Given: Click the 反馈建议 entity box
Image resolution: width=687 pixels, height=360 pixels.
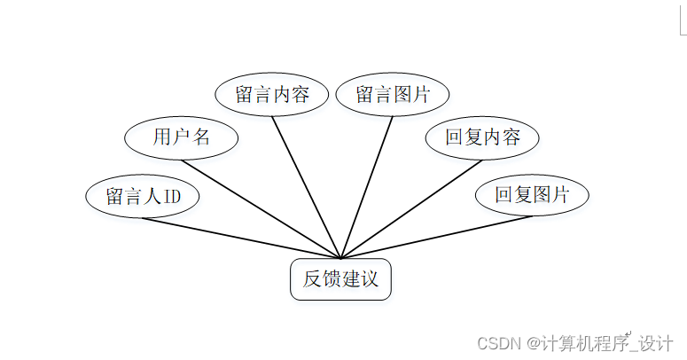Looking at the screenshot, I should pyautogui.click(x=340, y=279).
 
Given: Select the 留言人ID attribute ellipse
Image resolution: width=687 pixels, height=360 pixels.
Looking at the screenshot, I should pyautogui.click(x=143, y=196).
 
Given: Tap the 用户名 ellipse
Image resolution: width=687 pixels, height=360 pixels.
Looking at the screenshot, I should pyautogui.click(x=181, y=137).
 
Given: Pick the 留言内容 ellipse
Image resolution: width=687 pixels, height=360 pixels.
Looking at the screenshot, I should pyautogui.click(x=272, y=95).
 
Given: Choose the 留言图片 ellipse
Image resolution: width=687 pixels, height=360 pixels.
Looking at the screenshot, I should pyautogui.click(x=393, y=95).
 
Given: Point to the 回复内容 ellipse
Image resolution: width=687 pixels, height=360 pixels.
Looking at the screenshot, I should pyautogui.click(x=481, y=137).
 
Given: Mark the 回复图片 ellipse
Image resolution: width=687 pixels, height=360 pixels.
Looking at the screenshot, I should pyautogui.click(x=532, y=196).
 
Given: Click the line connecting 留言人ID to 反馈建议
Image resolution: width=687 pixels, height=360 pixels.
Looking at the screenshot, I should pyautogui.click(x=239, y=238).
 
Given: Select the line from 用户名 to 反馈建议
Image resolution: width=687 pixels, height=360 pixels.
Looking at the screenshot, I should pyautogui.click(x=261, y=209).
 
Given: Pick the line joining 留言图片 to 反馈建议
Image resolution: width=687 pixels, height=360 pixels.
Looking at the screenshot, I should pyautogui.click(x=367, y=187).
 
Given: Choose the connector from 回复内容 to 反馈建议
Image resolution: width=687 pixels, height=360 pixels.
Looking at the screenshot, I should pyautogui.click(x=411, y=209).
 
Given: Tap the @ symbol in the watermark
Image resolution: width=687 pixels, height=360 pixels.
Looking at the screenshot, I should pyautogui.click(x=534, y=341).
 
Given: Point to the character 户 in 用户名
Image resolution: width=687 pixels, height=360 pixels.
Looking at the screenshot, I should pyautogui.click(x=181, y=137).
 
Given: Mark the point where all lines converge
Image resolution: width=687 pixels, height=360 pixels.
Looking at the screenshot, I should pyautogui.click(x=340, y=258).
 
